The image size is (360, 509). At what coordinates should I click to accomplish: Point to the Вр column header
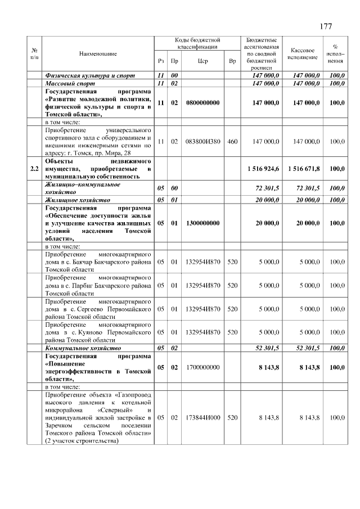232,61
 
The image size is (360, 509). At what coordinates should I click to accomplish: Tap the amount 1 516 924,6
263,168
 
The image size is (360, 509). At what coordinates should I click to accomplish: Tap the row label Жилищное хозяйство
78,200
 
